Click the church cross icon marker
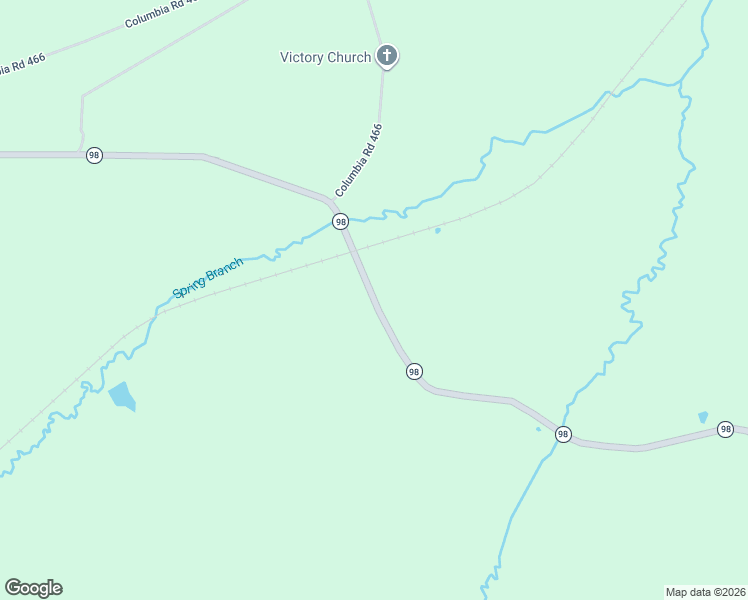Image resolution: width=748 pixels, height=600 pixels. pyautogui.click(x=388, y=56)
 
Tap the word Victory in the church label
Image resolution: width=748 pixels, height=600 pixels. pyautogui.click(x=302, y=57)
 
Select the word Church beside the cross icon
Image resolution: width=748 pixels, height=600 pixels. pyautogui.click(x=349, y=57)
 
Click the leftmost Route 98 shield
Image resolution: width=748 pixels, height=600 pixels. pyautogui.click(x=94, y=155)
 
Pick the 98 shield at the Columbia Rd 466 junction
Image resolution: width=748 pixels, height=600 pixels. pyautogui.click(x=340, y=221)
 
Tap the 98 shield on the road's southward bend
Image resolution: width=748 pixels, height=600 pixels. pyautogui.click(x=414, y=371)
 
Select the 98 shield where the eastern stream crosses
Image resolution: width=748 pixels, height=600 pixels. pyautogui.click(x=563, y=434)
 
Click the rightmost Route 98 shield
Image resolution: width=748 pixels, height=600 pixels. pyautogui.click(x=725, y=429)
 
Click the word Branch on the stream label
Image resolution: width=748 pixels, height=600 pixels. pyautogui.click(x=224, y=268)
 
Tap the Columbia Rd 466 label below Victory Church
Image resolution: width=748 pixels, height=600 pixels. pyautogui.click(x=359, y=159)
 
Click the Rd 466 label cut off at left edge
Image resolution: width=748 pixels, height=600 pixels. pyautogui.click(x=22, y=64)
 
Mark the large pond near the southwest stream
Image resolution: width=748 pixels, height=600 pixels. pyautogui.click(x=122, y=396)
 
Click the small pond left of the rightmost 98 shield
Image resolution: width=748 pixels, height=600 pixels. pyautogui.click(x=703, y=417)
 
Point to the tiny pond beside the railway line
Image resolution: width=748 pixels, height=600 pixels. pyautogui.click(x=437, y=231)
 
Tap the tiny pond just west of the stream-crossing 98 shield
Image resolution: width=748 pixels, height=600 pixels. pyautogui.click(x=539, y=430)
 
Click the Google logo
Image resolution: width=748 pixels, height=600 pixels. pyautogui.click(x=33, y=588)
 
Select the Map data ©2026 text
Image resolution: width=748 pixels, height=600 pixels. pyautogui.click(x=705, y=591)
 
